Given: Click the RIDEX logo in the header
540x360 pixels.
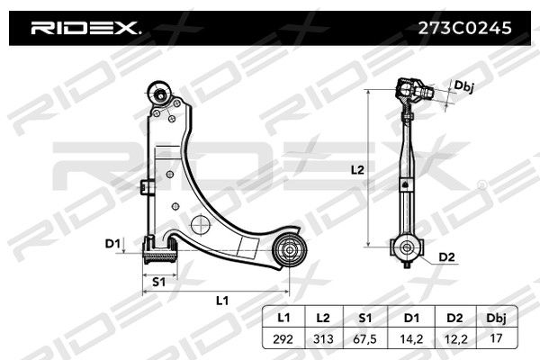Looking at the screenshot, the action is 85,28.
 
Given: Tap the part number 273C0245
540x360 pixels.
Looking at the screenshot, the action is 465,28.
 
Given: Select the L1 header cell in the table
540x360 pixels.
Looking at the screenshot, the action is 283,318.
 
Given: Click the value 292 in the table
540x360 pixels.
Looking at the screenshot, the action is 283,339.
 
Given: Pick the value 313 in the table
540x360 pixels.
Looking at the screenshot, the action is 323,339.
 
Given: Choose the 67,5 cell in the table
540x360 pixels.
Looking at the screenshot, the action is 365,339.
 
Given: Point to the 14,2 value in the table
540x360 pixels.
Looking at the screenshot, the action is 411,339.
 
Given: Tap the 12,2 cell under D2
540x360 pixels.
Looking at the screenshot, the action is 455,339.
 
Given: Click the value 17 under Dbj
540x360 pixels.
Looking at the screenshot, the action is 496,338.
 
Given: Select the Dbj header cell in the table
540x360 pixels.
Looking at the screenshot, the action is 496,318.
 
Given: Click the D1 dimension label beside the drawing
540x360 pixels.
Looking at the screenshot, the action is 112,244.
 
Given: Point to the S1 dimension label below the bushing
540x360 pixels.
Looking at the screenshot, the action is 158,282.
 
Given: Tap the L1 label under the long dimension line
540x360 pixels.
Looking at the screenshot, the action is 222,301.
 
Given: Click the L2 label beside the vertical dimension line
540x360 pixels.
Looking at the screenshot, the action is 357,170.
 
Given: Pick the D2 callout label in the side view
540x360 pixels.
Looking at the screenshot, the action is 446,257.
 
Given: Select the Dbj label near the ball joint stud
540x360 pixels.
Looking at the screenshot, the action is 463,86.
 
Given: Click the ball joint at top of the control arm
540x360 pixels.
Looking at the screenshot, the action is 160,94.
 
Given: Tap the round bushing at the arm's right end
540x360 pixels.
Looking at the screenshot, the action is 289,250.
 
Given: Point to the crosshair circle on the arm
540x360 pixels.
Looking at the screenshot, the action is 200,224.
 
